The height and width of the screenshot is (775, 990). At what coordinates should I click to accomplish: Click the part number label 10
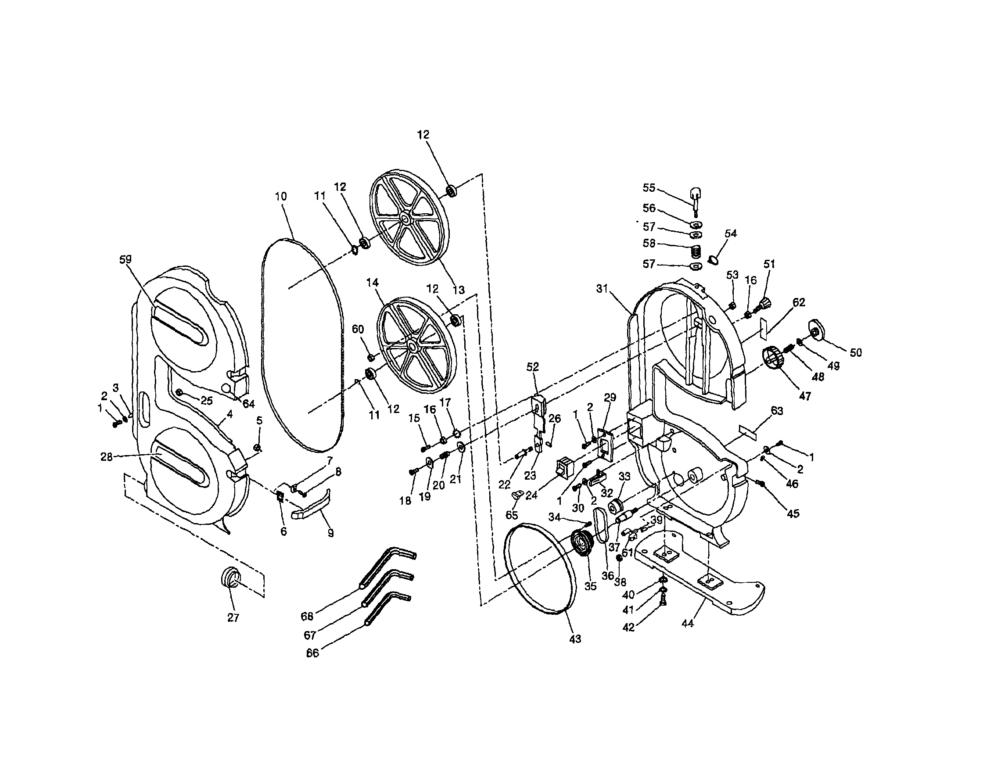[281, 197]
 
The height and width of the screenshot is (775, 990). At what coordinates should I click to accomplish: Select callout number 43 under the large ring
[575, 639]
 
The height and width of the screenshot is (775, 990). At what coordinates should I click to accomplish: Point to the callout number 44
[688, 624]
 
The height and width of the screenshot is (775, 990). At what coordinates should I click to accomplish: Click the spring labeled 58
[696, 251]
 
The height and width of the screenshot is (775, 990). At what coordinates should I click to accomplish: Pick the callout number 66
[312, 653]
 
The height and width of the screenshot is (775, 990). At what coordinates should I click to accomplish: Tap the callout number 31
[602, 289]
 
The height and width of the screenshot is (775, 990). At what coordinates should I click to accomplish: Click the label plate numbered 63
[749, 431]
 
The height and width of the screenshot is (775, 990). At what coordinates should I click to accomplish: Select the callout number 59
[125, 259]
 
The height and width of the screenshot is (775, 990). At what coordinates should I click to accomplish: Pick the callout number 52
[533, 366]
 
